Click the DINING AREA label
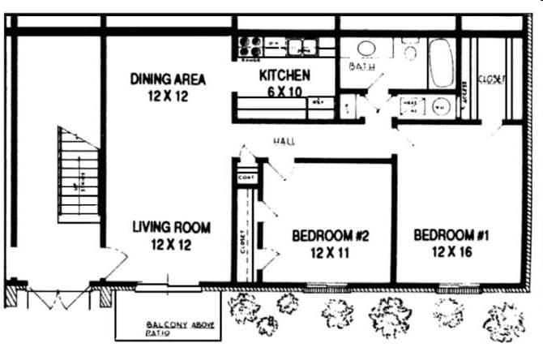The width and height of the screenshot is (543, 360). click(168, 79)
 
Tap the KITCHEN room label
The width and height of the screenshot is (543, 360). click(284, 75)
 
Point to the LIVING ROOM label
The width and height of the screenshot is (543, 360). click(171, 228)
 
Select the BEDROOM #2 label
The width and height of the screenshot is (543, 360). click(330, 236)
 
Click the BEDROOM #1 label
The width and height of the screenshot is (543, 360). click(453, 235)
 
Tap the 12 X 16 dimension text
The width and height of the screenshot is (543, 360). click(453, 251)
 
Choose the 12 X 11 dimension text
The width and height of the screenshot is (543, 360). click(330, 252)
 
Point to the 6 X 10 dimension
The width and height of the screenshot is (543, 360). click(284, 92)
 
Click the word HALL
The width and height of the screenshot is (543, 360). click(284, 141)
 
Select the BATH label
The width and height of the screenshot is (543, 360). click(361, 66)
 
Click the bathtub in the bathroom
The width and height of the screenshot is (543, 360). click(441, 62)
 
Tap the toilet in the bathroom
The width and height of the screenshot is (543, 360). click(409, 51)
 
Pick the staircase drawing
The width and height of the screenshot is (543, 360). click(79, 174)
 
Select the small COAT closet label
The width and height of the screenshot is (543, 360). click(245, 178)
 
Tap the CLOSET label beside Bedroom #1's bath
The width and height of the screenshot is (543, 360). click(491, 79)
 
